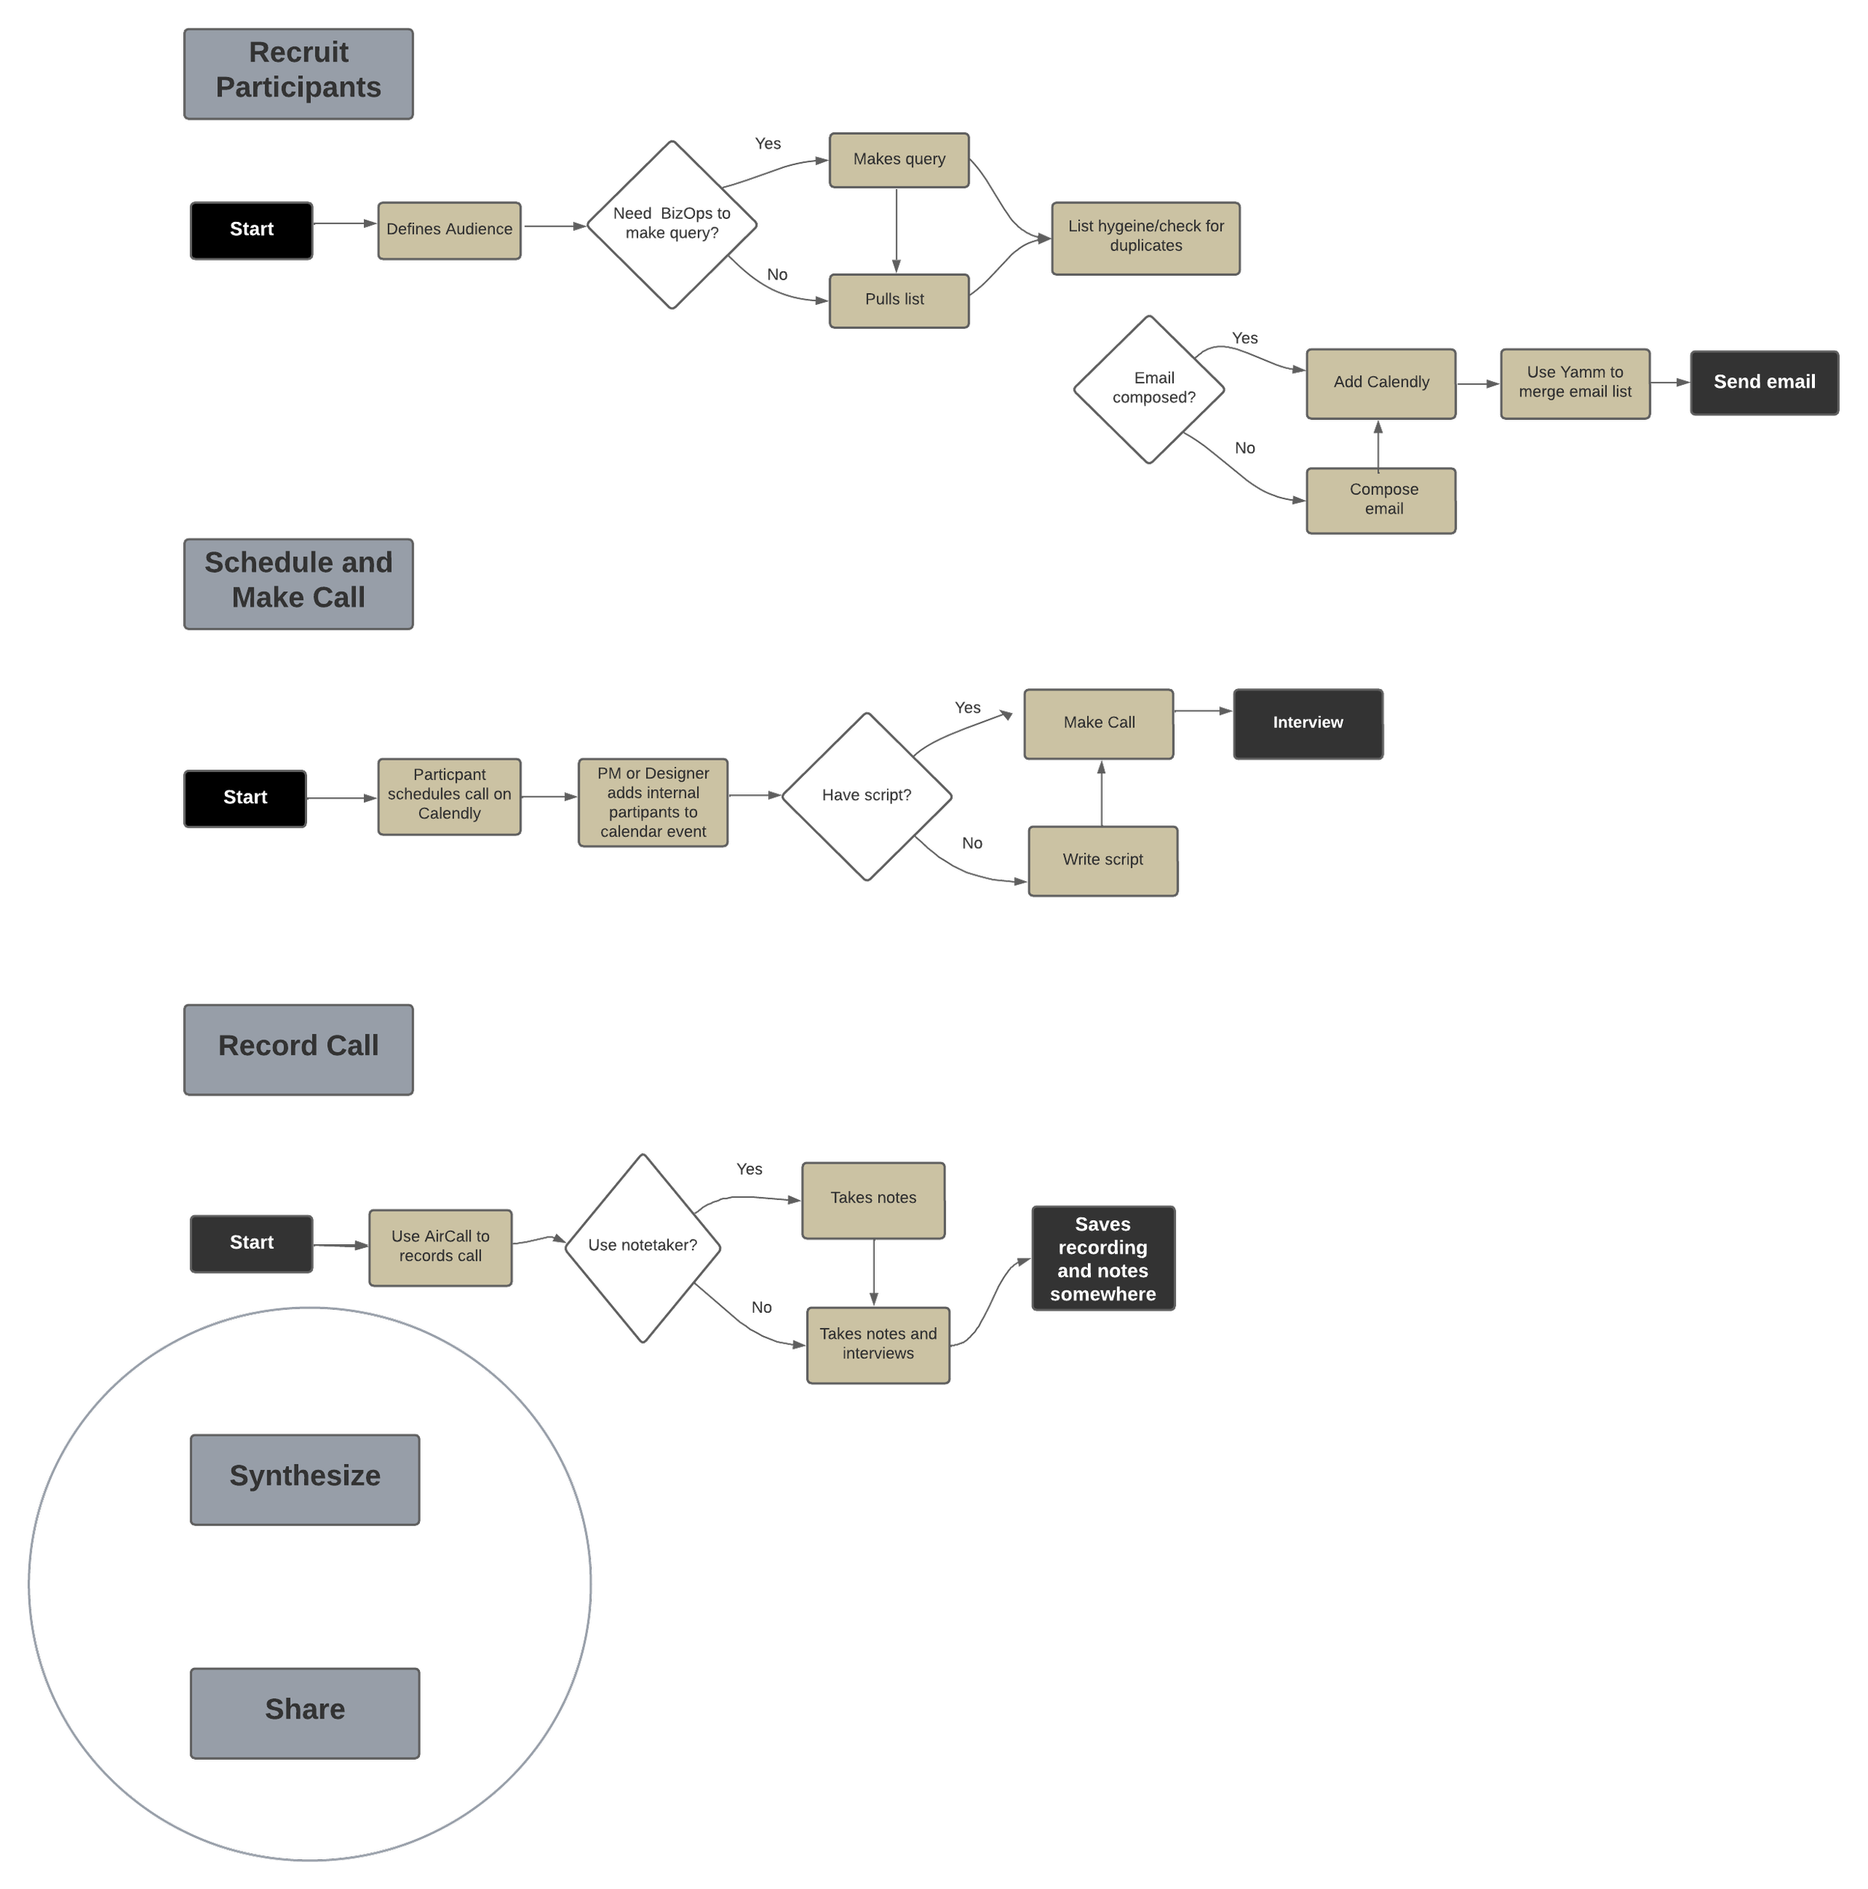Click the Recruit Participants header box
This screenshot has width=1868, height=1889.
point(298,73)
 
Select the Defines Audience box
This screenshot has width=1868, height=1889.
point(448,229)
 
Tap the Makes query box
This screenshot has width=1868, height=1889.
point(898,159)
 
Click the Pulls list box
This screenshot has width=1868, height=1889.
point(898,300)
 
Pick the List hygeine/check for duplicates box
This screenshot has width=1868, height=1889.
point(1145,238)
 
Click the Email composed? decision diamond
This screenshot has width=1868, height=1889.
point(1148,388)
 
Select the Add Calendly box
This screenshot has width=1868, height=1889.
point(1380,383)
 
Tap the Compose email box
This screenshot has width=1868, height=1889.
point(1380,500)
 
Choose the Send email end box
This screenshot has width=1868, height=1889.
point(1763,383)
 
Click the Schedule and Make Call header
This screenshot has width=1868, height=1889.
point(298,584)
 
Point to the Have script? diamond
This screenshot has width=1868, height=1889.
point(866,795)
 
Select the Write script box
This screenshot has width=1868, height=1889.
point(1101,859)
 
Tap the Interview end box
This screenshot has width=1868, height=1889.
point(1307,723)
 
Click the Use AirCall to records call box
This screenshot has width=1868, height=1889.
point(440,1246)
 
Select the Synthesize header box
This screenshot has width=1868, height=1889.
point(305,1477)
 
